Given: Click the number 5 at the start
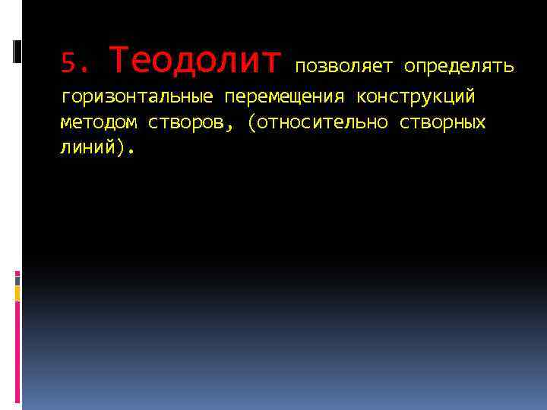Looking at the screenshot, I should [x=67, y=62].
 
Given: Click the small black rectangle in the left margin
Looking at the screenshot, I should [x=17, y=51].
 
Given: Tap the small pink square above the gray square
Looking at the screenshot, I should [x=17, y=274].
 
